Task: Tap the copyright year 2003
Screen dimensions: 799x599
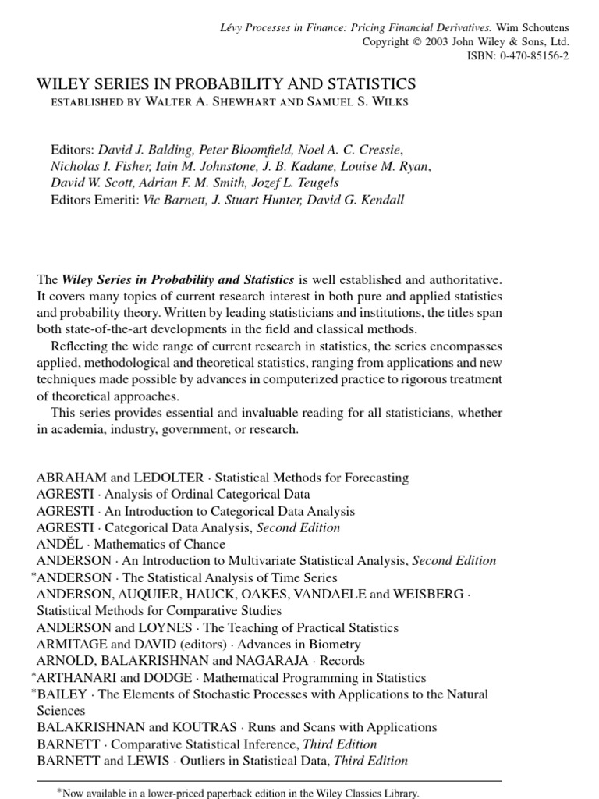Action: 438,41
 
